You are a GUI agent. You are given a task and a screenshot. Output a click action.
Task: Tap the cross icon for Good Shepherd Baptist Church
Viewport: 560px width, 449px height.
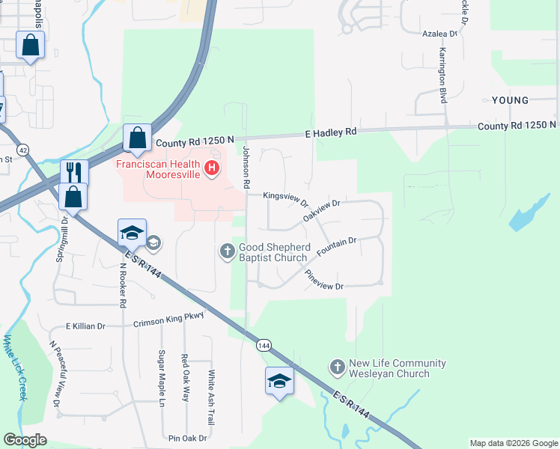[228, 251]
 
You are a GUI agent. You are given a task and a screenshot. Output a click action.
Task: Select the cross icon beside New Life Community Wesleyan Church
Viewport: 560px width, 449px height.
[337, 368]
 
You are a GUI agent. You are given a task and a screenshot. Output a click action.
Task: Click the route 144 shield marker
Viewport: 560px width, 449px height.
[263, 345]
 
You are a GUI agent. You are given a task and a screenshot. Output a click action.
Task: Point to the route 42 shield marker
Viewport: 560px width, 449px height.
[25, 150]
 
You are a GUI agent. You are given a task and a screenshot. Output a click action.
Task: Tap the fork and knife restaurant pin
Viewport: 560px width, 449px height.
[73, 172]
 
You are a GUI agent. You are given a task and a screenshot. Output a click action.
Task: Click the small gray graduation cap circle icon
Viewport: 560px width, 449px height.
[153, 242]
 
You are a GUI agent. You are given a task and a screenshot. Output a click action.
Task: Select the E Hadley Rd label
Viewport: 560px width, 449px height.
[331, 132]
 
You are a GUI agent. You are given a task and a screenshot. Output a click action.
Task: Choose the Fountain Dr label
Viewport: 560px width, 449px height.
[336, 247]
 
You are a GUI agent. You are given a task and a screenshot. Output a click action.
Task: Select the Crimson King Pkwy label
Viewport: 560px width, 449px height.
[168, 320]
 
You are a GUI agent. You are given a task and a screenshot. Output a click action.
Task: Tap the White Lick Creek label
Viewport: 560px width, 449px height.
[14, 367]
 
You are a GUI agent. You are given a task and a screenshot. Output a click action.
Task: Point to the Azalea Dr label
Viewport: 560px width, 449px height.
[439, 34]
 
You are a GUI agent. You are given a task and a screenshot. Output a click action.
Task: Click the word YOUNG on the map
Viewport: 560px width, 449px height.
[510, 100]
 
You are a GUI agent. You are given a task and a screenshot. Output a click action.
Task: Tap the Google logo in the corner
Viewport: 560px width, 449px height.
[25, 440]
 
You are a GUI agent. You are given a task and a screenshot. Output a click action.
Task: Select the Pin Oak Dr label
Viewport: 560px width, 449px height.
[187, 438]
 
